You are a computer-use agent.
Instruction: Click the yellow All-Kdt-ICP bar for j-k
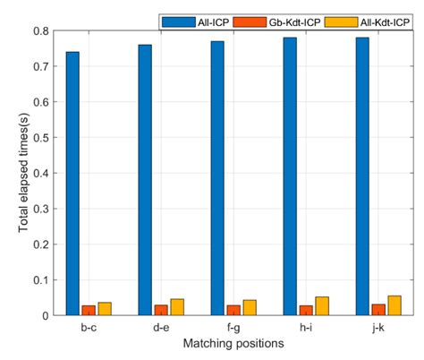pos(394,305)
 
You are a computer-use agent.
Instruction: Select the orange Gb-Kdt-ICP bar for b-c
pos(89,310)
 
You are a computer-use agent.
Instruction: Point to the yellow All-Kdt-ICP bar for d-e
pos(177,307)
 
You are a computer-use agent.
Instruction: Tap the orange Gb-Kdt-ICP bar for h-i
pos(306,310)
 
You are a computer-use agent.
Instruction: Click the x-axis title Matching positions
pos(233,344)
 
